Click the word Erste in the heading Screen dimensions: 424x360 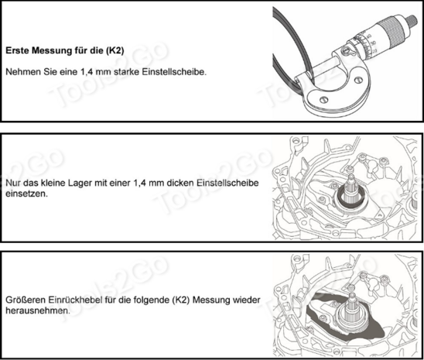coord(17,50)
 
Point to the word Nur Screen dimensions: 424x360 coord(12,183)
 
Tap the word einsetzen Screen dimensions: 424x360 coord(26,194)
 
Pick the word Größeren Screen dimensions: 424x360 coord(26,300)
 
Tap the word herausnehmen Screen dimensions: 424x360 coord(38,310)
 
